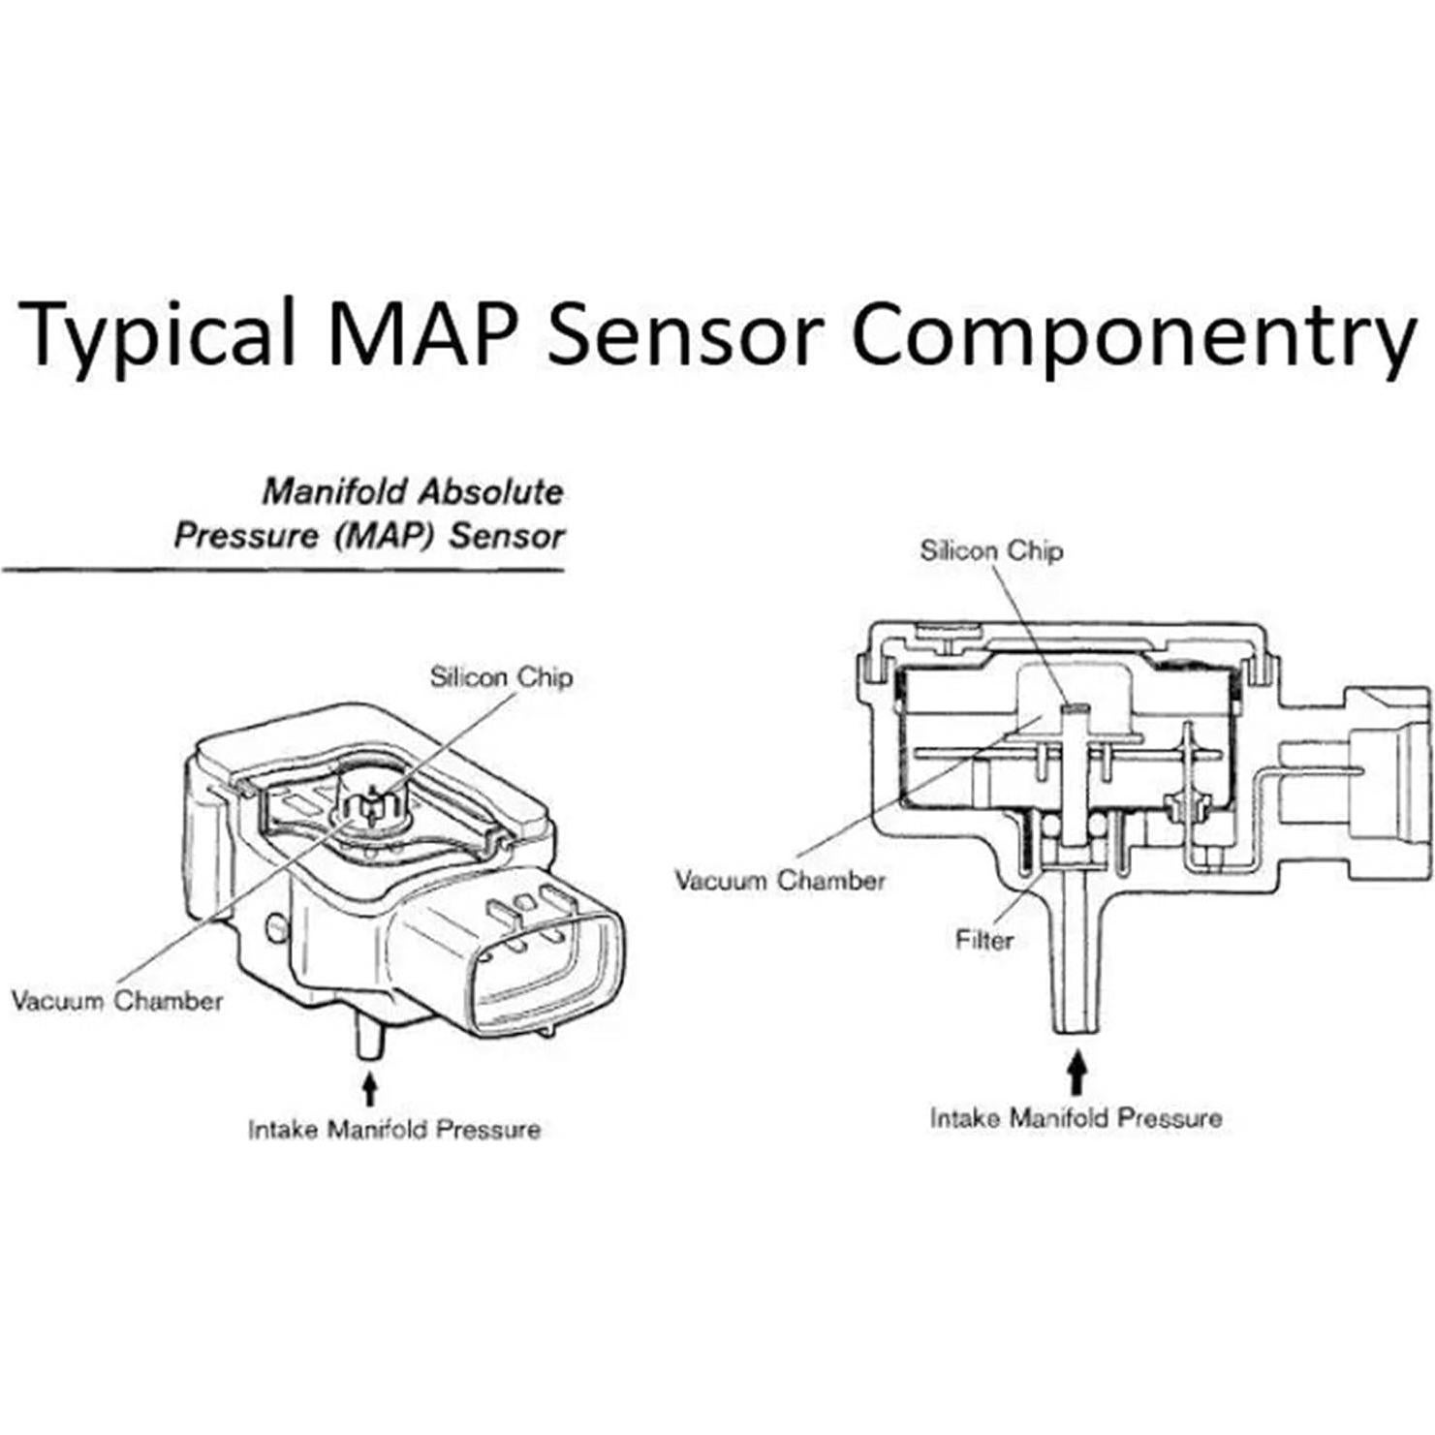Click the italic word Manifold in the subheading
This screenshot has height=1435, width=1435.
coord(333,492)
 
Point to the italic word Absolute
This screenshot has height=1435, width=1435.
coord(490,492)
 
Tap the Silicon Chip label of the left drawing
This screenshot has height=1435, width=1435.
coord(501,676)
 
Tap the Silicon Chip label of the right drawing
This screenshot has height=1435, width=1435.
coord(990,550)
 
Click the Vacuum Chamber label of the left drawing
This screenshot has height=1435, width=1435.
coord(116,1000)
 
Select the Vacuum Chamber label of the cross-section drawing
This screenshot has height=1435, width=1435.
coord(780,881)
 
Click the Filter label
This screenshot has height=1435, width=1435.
coord(983,939)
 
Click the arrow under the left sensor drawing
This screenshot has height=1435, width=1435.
coord(368,1087)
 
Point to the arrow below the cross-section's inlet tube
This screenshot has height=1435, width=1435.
coord(1076,1075)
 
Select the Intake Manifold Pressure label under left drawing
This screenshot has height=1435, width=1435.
coord(394,1130)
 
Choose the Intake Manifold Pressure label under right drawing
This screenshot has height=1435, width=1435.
coord(1076,1118)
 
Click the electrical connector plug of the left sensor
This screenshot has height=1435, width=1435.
coord(542,959)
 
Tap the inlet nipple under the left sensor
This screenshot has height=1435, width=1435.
coord(368,1037)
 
